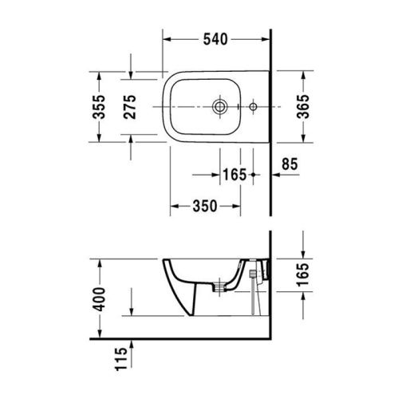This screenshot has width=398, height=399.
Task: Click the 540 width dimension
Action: click(x=216, y=38)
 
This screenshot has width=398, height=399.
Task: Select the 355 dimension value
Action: click(x=99, y=105)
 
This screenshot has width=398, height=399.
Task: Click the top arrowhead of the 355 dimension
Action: click(x=99, y=74)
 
